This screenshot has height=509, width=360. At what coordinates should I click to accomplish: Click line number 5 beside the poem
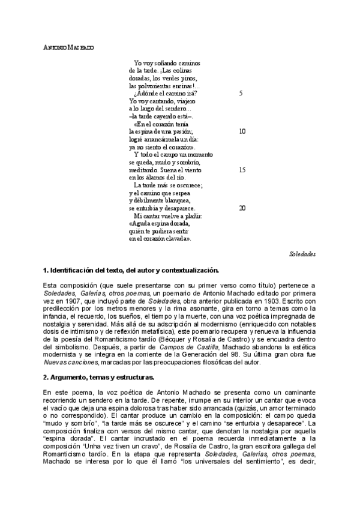click(x=241, y=93)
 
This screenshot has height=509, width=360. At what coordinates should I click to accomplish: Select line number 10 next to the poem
click(x=242, y=131)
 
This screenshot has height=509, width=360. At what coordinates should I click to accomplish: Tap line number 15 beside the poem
click(x=242, y=170)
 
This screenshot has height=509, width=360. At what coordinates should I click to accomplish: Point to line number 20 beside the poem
click(x=242, y=208)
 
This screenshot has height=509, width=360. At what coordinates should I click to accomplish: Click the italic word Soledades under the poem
click(x=302, y=254)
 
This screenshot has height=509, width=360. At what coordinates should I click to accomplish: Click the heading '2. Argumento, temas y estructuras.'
click(x=99, y=377)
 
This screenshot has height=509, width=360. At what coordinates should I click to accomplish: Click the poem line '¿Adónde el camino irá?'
click(x=166, y=93)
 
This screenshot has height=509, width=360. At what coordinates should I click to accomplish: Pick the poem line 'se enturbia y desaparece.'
click(x=162, y=208)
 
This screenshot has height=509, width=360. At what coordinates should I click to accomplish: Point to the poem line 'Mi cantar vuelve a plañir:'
click(x=169, y=215)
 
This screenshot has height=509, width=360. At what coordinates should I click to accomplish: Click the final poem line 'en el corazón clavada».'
click(x=160, y=238)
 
